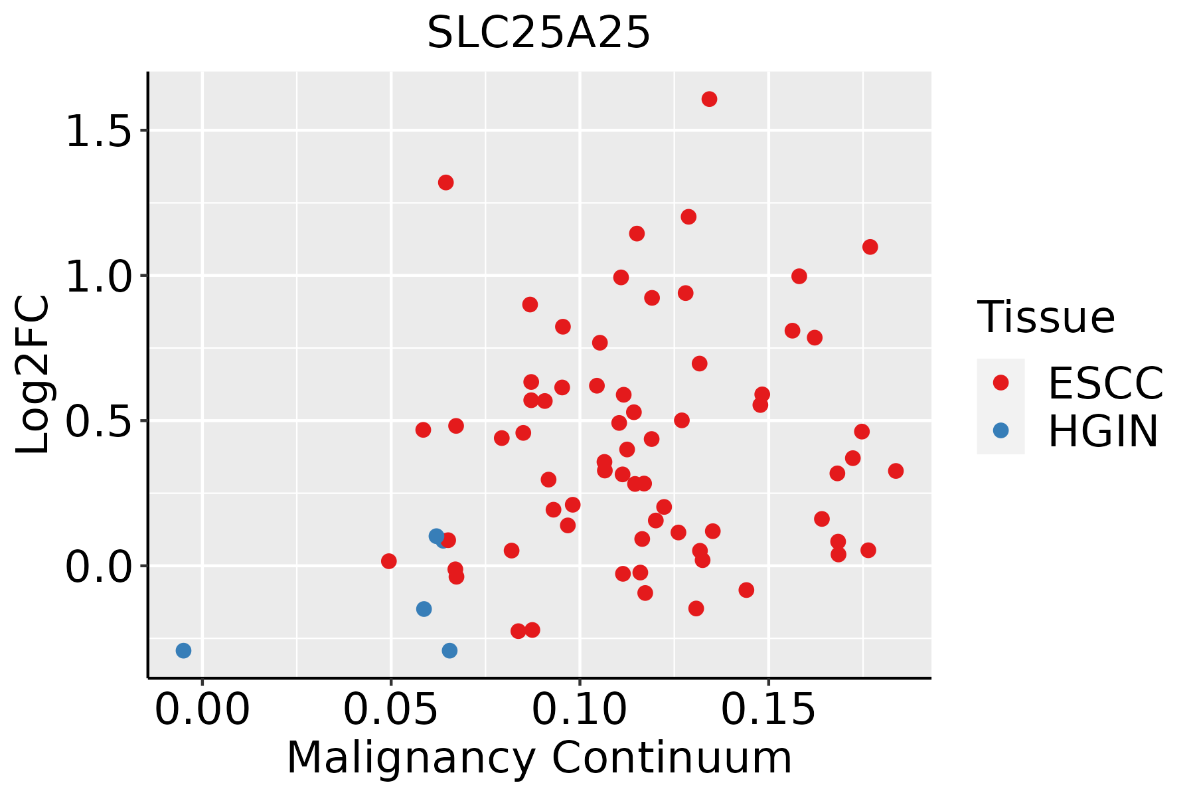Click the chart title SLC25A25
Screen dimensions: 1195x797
(538, 33)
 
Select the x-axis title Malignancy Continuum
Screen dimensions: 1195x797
(539, 758)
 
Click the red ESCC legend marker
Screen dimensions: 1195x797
(1000, 383)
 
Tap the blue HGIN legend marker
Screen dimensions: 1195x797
(1000, 430)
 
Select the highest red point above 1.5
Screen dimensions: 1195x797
(709, 99)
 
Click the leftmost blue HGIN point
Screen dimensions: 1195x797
(183, 650)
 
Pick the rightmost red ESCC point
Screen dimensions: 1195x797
(896, 471)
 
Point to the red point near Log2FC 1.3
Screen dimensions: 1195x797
(445, 183)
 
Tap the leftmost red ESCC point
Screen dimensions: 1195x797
(388, 561)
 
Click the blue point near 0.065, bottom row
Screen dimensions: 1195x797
(449, 650)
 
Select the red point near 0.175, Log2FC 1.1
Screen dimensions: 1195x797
(870, 247)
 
